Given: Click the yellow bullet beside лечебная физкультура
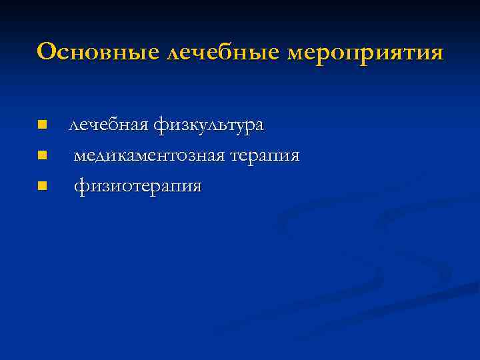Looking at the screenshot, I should click(42, 125).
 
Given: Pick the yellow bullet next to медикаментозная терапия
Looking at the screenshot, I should click(42, 155).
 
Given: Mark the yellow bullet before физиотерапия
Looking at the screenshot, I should click(42, 185).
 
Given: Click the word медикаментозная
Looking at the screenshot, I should click(149, 156).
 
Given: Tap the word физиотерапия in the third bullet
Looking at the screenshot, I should click(137, 187).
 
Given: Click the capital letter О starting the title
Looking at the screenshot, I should click(47, 51).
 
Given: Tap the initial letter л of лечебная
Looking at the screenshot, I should click(74, 125).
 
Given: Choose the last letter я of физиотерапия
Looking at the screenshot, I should click(195, 187).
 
